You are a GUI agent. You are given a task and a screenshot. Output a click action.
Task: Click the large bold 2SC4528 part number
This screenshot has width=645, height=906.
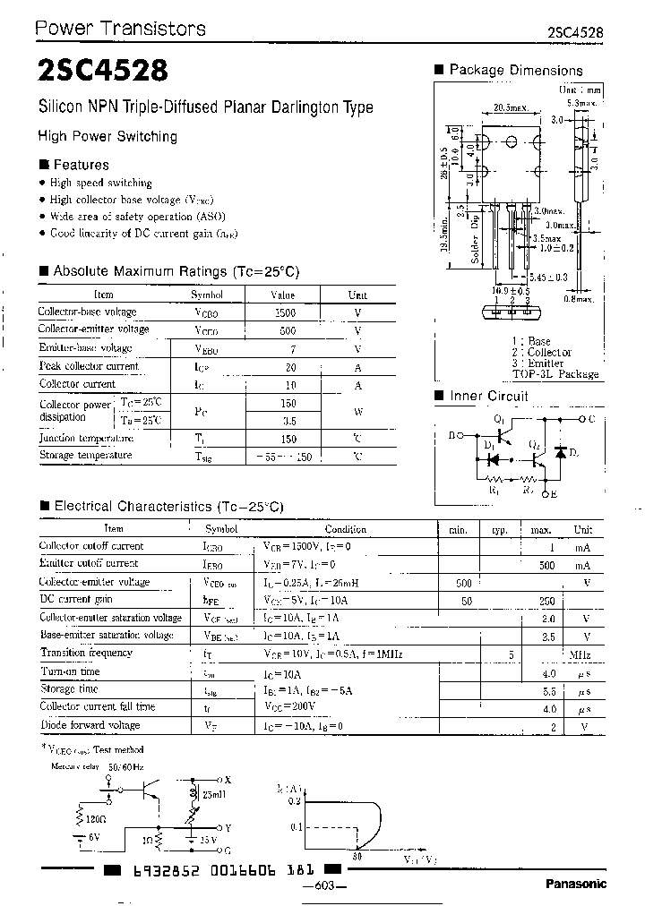[100, 71]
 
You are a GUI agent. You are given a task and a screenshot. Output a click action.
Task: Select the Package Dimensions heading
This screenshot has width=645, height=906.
[515, 70]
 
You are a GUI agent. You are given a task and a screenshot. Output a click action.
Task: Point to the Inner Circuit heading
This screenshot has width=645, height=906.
[488, 396]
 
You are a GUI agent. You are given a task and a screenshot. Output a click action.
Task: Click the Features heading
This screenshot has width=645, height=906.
[81, 165]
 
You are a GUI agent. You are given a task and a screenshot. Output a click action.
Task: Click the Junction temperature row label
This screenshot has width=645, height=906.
[86, 439]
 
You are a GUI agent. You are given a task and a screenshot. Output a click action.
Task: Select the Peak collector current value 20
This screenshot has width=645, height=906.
[289, 366]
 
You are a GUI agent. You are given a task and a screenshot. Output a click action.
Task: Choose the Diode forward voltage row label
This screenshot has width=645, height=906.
[90, 725]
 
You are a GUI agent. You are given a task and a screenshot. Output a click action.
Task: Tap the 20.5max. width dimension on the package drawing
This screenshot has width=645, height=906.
[511, 108]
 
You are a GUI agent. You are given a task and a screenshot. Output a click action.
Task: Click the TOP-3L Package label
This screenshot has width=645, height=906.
[555, 374]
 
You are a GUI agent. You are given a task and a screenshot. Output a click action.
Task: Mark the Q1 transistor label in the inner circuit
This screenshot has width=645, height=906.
[500, 419]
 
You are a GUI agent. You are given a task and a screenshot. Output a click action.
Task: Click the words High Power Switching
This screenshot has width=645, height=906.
[107, 136]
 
